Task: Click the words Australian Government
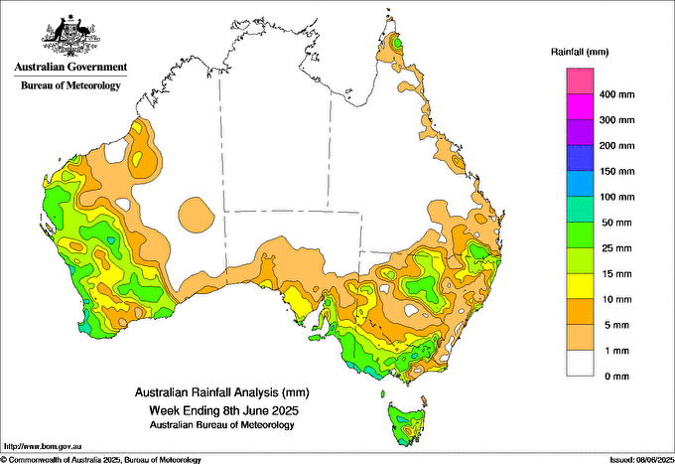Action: [x=69, y=68]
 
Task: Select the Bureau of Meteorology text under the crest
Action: [x=69, y=85]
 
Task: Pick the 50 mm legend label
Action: [x=616, y=223]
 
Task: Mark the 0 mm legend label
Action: [x=616, y=377]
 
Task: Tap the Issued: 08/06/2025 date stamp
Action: [x=635, y=459]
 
